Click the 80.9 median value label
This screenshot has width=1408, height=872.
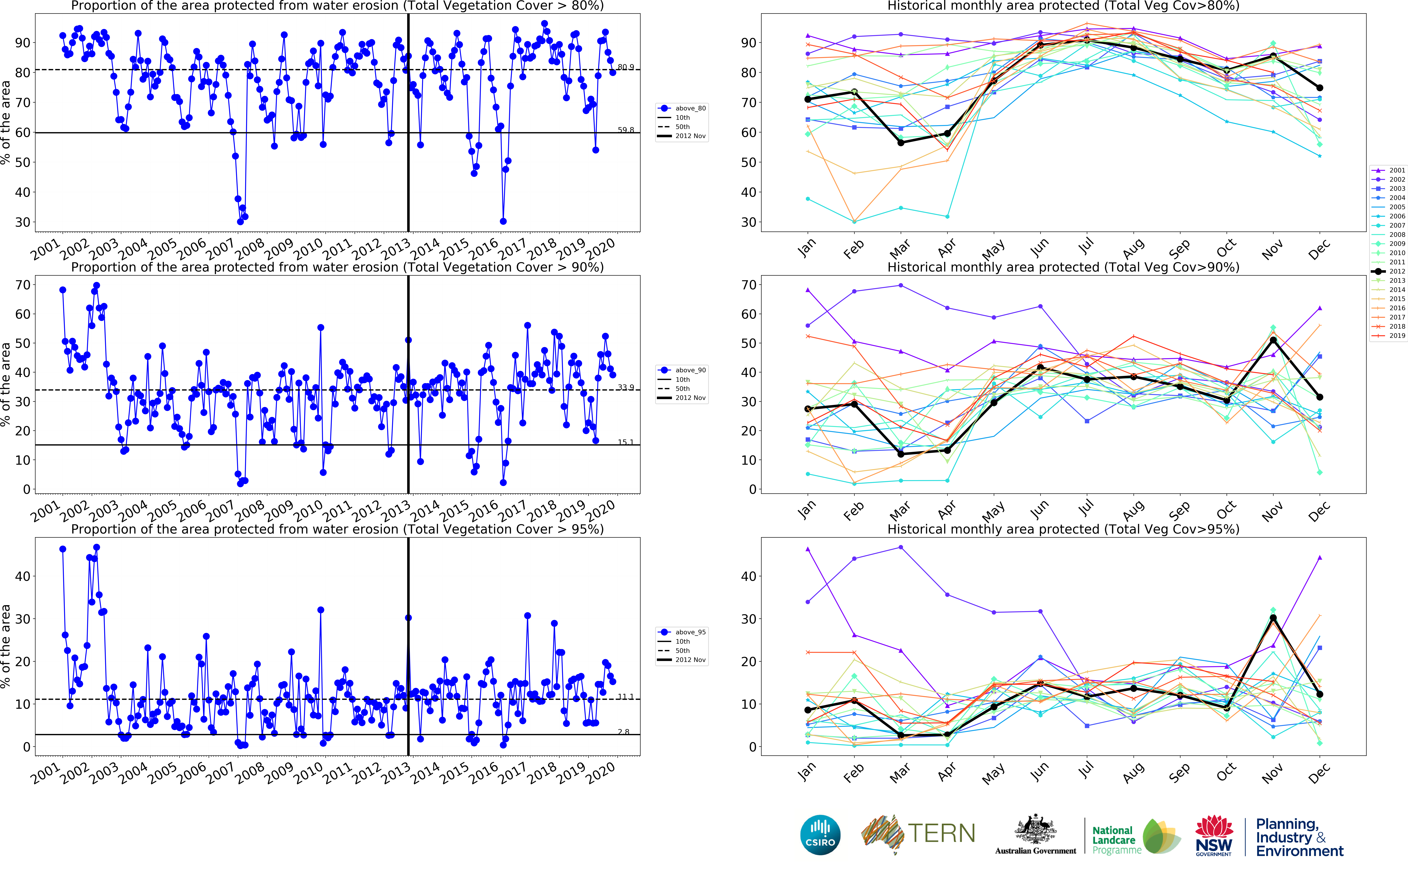pos(625,67)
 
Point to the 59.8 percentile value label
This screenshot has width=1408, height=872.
pos(625,130)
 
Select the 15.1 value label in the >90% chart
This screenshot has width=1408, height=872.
pos(625,442)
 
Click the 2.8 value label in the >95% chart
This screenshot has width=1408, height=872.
pos(623,732)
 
